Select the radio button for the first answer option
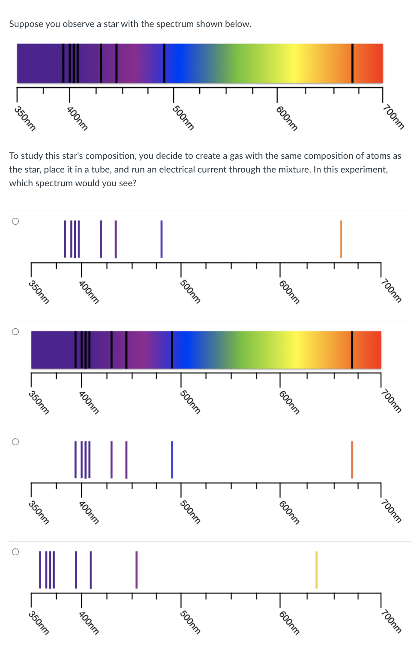[15, 221]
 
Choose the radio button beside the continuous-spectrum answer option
[15, 332]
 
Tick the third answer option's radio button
[15, 442]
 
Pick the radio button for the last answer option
[15, 552]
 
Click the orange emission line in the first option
[341, 239]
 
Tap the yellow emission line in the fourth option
[316, 570]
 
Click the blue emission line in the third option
[172, 459]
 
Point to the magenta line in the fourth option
[136, 570]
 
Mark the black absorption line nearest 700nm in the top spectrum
[352, 63]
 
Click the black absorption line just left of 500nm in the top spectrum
[164, 63]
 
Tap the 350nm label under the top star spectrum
[25, 118]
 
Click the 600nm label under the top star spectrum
[287, 118]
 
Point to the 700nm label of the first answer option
[391, 291]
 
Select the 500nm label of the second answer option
[190, 402]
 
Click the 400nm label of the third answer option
[89, 512]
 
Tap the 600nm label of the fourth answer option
[289, 622]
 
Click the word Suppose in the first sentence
[26, 24]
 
